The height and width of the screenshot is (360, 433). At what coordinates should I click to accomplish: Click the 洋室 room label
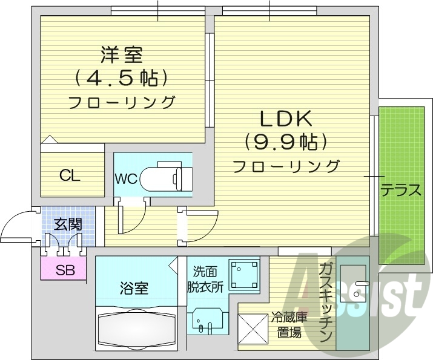(121, 55)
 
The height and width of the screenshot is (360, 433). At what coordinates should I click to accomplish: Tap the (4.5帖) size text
(121, 78)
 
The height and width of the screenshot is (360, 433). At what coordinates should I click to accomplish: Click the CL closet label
(70, 176)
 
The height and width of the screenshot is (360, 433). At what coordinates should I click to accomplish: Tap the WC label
(125, 179)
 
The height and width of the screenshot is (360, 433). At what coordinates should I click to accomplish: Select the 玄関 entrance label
(68, 224)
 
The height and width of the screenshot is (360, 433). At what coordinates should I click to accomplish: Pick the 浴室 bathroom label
(134, 288)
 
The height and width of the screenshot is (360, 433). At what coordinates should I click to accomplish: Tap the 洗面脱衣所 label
(208, 279)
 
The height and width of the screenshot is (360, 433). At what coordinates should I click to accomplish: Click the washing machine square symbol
(244, 273)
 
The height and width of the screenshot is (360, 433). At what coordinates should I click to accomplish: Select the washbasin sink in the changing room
(205, 321)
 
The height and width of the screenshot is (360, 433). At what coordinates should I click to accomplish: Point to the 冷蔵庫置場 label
(289, 324)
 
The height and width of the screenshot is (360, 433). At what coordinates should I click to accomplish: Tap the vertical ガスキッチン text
(326, 303)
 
